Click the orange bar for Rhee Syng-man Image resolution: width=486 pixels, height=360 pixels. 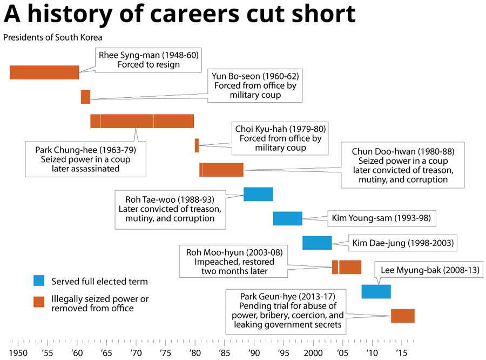click(x=44, y=72)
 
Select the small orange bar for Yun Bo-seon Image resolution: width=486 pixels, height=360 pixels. click(x=85, y=97)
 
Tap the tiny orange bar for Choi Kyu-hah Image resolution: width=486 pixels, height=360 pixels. click(x=197, y=145)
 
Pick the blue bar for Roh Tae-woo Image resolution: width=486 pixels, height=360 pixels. click(x=258, y=194)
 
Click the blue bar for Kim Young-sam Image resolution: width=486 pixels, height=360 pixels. click(x=287, y=218)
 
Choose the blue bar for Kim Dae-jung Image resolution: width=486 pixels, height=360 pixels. click(x=317, y=243)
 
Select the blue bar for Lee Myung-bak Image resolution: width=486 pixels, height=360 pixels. click(x=376, y=291)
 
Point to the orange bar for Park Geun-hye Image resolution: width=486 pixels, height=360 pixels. click(x=402, y=316)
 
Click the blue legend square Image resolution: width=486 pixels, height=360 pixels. click(x=39, y=281)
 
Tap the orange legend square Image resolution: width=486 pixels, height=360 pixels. click(x=39, y=302)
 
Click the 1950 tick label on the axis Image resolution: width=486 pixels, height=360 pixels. click(x=18, y=353)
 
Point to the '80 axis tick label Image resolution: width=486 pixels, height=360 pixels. click(x=194, y=353)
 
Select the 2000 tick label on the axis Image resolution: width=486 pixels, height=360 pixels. click(x=313, y=353)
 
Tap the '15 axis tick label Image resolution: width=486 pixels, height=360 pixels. click(x=401, y=353)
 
